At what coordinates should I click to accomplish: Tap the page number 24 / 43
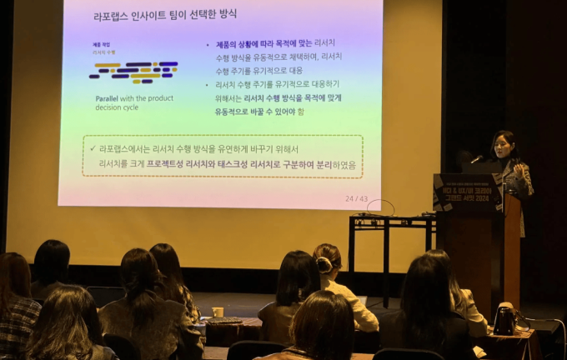356,198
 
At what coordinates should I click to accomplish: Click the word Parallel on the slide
107,98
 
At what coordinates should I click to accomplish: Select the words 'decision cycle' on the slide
119,107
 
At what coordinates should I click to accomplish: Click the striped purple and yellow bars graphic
133,71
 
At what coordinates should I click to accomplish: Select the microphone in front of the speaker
478,158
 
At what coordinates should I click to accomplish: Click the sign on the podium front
467,194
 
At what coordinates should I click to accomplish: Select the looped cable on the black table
380,207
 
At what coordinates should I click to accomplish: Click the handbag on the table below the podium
504,320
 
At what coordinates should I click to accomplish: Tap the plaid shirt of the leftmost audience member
18,320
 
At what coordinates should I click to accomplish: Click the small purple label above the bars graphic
103,44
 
